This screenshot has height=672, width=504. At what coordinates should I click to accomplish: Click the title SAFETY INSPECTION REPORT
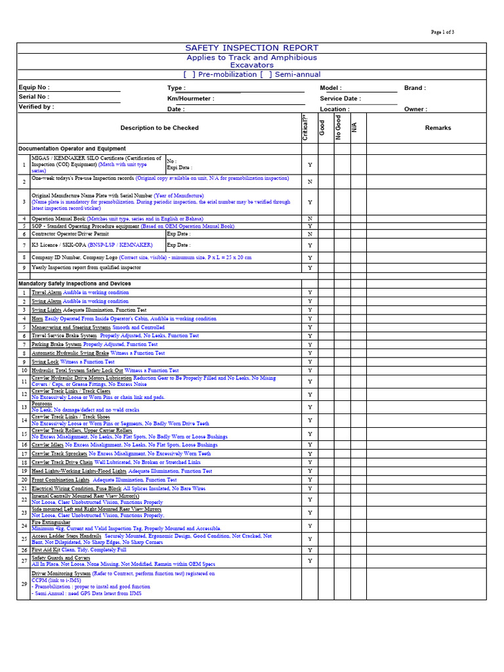(x=252, y=48)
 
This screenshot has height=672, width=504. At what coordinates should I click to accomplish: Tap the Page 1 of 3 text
(x=442, y=32)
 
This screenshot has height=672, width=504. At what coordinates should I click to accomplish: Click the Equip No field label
(x=34, y=87)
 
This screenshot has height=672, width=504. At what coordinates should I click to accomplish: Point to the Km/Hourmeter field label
(x=190, y=98)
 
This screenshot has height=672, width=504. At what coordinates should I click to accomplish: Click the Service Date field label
(x=340, y=98)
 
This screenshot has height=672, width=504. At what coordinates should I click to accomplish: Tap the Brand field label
(x=415, y=88)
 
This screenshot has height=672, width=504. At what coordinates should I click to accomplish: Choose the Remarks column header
(x=438, y=128)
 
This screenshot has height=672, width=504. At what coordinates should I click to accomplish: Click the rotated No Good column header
(x=339, y=127)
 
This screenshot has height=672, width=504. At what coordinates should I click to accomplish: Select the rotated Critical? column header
(x=305, y=127)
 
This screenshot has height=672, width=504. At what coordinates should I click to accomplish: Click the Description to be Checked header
(x=159, y=128)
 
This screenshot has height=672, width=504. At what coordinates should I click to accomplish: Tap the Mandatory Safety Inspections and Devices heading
(x=74, y=283)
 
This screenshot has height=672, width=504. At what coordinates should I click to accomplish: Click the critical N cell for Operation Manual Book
(x=310, y=219)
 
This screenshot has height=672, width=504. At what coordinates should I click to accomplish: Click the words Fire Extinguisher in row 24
(x=51, y=522)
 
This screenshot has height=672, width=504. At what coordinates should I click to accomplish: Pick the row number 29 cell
(x=24, y=583)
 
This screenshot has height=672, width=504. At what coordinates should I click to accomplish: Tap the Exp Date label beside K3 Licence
(x=178, y=245)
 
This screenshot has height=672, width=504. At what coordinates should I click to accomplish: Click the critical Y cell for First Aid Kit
(x=310, y=550)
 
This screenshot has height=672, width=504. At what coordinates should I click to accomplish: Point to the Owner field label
(x=415, y=110)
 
